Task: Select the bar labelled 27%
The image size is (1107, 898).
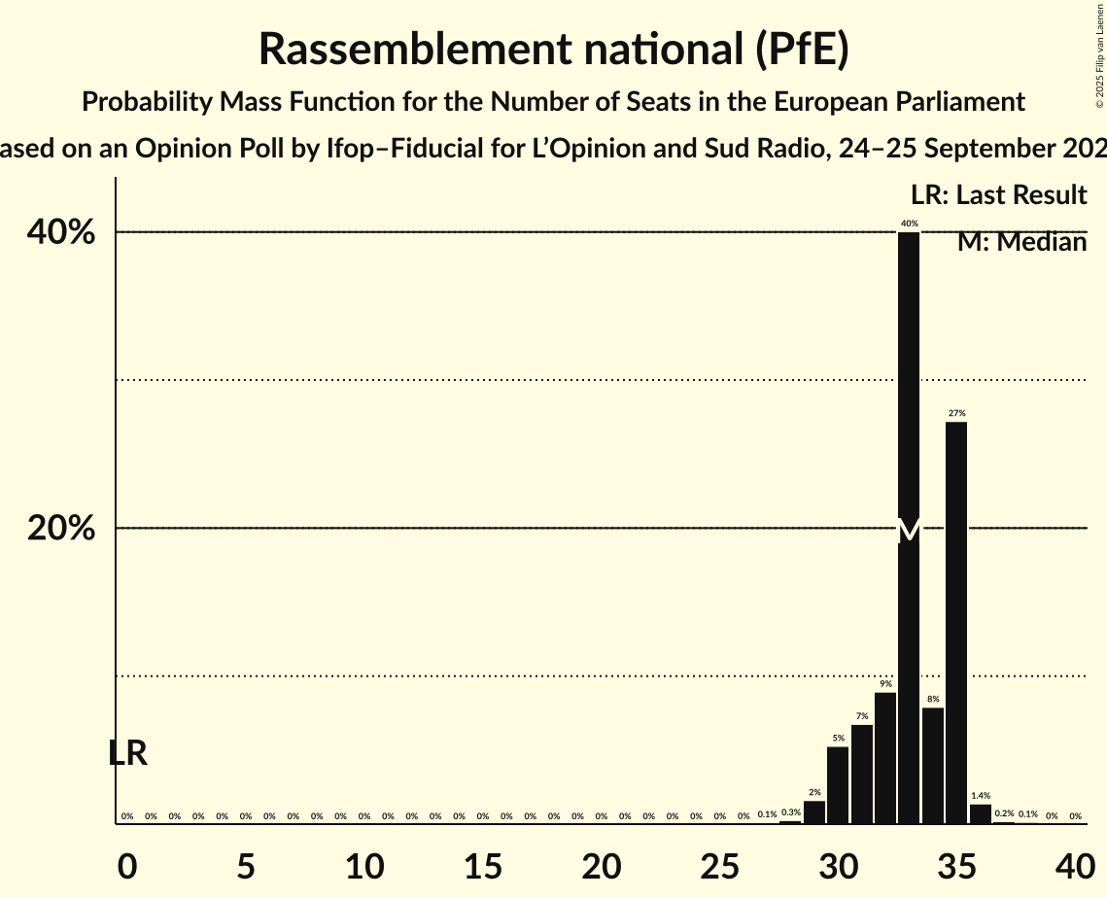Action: click(x=956, y=622)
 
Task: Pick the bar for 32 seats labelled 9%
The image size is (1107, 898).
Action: click(x=885, y=758)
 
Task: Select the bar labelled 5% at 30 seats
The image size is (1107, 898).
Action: click(x=838, y=785)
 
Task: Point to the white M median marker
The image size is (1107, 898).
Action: click(x=909, y=531)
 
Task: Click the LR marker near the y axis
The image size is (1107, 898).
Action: click(x=127, y=753)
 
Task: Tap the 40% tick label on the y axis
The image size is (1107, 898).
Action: click(x=60, y=232)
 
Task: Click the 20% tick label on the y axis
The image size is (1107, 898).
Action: click(x=60, y=529)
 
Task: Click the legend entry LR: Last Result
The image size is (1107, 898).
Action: click(x=999, y=195)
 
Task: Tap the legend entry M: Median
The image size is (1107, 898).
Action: click(x=1021, y=242)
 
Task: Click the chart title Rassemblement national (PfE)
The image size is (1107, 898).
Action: click(x=554, y=50)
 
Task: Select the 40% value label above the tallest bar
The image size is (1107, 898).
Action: click(x=909, y=224)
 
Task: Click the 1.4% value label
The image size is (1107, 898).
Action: click(x=981, y=796)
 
